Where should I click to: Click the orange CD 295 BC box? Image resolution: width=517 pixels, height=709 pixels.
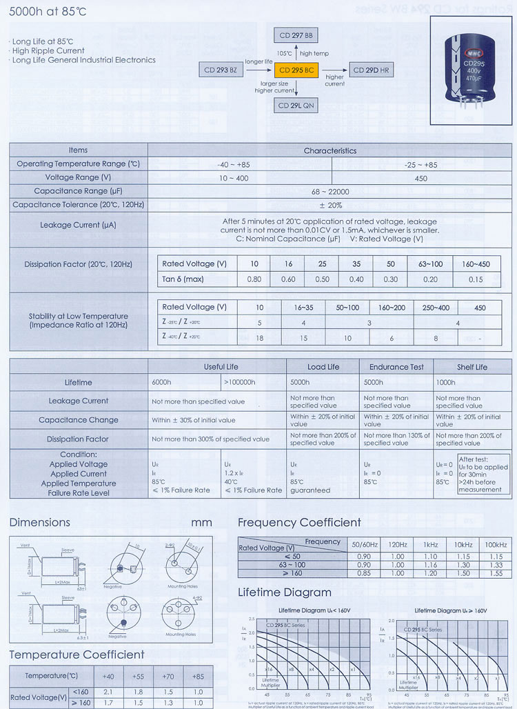click(x=297, y=70)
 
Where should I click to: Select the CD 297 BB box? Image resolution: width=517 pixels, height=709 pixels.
click(x=297, y=35)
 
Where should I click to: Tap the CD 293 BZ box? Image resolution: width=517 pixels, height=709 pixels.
click(x=221, y=70)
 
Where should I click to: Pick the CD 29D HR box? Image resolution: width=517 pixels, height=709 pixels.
click(x=372, y=70)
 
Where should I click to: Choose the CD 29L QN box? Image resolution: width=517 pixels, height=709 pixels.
click(x=297, y=105)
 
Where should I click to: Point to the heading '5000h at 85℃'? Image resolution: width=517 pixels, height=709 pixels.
click(x=38, y=12)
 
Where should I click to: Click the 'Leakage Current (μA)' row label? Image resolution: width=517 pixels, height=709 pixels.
click(x=79, y=225)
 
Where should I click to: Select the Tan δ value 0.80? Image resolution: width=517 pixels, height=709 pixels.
click(x=254, y=279)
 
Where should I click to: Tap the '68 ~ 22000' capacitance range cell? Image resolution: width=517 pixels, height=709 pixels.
click(x=330, y=191)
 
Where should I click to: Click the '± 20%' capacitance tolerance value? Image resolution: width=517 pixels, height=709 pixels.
click(x=330, y=205)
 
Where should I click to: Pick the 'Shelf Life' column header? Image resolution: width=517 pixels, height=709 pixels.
click(x=472, y=367)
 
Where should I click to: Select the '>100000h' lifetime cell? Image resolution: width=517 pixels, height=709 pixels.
click(x=240, y=382)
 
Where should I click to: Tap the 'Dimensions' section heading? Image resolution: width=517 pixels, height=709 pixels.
click(x=40, y=522)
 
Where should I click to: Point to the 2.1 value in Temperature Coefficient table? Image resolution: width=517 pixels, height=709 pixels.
click(x=108, y=691)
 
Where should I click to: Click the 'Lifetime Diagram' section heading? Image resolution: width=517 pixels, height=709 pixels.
click(x=284, y=592)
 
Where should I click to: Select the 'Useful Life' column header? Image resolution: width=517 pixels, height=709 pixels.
click(x=221, y=367)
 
